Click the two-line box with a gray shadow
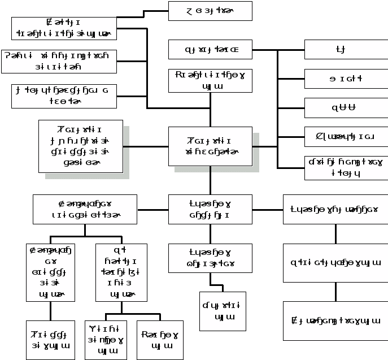pos(210,146)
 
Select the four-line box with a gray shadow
pos(81,146)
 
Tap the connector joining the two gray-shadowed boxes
pos(146,146)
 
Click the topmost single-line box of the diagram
pos(210,11)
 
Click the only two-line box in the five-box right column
pos(346,168)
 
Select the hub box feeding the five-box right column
pos(210,50)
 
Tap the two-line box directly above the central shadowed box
pos(210,81)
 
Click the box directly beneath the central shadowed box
pos(210,209)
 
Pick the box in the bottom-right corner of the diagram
pos(335,321)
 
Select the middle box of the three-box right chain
pos(335,263)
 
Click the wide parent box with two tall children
pos(85,209)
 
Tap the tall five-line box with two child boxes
pos(121,272)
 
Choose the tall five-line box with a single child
pos(50,272)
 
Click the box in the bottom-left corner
pos(50,340)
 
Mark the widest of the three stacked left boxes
pos(59,62)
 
